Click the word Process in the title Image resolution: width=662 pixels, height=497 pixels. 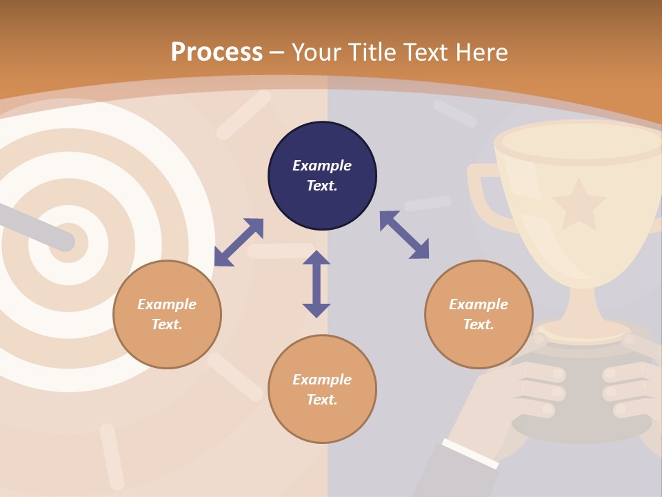217,52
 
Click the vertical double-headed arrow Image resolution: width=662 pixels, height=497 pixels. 317,284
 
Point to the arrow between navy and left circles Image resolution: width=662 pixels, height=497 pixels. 239,242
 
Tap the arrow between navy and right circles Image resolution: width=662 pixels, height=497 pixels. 404,235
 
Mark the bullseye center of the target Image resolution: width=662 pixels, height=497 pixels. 69,243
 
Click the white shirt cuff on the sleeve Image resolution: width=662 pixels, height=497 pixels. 470,453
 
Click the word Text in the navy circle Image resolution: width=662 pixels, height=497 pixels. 322,186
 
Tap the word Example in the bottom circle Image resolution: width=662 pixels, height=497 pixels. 322,380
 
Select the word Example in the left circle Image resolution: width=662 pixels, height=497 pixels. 167,304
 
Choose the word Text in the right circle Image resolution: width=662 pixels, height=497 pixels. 479,324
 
